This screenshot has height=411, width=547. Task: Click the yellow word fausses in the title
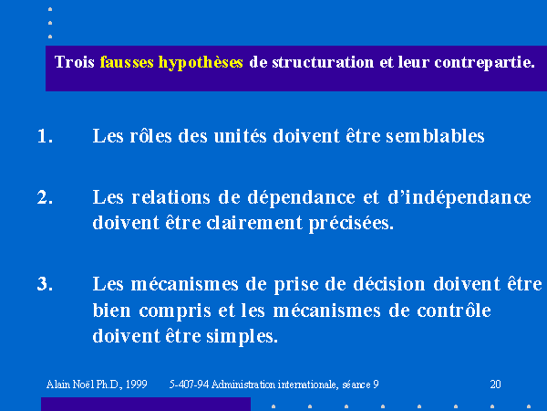click(x=127, y=62)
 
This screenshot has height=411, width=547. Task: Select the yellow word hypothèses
click(x=201, y=63)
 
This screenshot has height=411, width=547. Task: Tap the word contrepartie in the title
click(x=484, y=63)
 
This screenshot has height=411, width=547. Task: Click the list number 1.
click(x=45, y=136)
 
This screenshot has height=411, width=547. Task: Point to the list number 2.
click(x=45, y=197)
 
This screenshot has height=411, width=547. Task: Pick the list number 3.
click(x=45, y=283)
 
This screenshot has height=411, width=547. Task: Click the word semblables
click(x=435, y=135)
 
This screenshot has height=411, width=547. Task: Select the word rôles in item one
click(x=150, y=135)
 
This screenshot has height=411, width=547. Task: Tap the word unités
click(x=241, y=135)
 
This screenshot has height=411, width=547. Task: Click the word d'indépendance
click(x=459, y=197)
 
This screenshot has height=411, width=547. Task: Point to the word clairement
click(x=254, y=223)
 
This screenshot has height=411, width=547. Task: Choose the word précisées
click(x=351, y=224)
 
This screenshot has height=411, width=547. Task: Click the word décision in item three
click(x=389, y=284)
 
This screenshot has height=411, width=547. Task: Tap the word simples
click(x=242, y=336)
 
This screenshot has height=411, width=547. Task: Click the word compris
click(x=175, y=311)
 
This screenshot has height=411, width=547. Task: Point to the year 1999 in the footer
click(x=136, y=385)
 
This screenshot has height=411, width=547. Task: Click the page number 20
click(x=495, y=385)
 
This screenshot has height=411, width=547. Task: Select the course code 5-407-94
click(x=189, y=385)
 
